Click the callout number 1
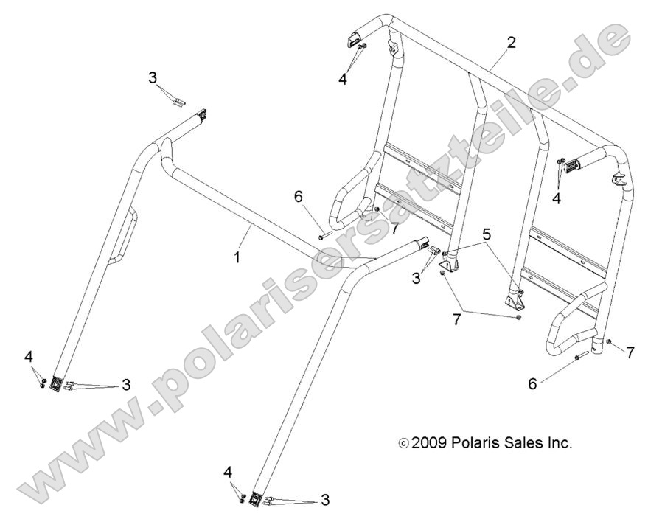point(237,259)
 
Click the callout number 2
point(512,42)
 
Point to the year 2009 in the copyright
point(425,443)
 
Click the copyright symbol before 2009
point(402,444)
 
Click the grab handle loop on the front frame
point(123,235)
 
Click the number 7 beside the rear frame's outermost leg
point(630,352)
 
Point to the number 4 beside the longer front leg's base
point(229,470)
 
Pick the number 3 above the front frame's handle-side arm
point(153,77)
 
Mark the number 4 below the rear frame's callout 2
point(343,80)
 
